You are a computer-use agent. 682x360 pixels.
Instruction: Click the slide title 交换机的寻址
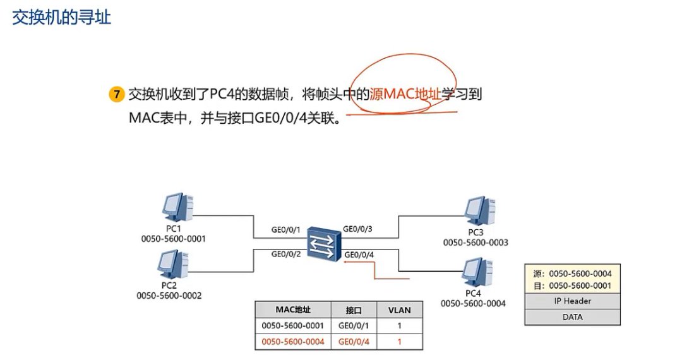click(62, 18)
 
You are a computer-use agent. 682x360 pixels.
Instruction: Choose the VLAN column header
click(398, 310)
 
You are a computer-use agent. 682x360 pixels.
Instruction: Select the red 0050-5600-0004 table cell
click(293, 342)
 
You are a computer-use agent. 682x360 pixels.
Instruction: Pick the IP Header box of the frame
click(572, 301)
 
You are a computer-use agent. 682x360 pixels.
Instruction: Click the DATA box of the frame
click(572, 317)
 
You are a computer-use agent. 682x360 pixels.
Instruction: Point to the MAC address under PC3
click(476, 243)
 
